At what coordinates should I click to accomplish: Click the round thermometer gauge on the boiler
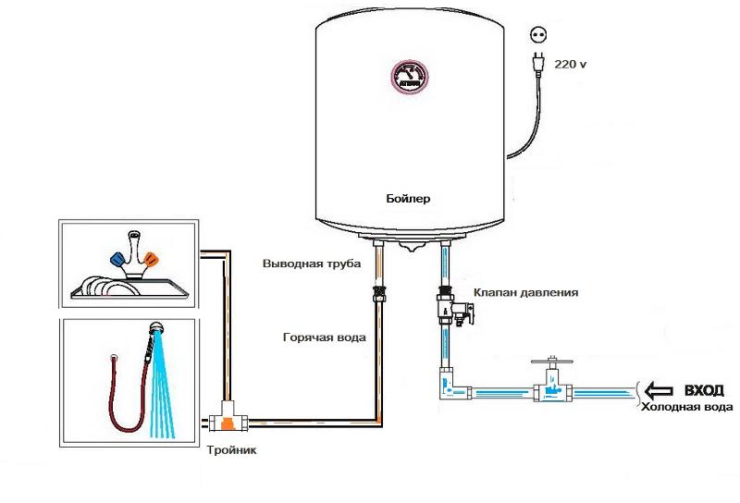409,79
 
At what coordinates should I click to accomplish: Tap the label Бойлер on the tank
408,198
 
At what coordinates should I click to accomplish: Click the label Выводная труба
314,264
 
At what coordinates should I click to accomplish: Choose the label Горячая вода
324,337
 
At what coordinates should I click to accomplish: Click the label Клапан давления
525,291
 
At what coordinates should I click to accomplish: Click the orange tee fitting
225,422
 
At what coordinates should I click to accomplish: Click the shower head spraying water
158,329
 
